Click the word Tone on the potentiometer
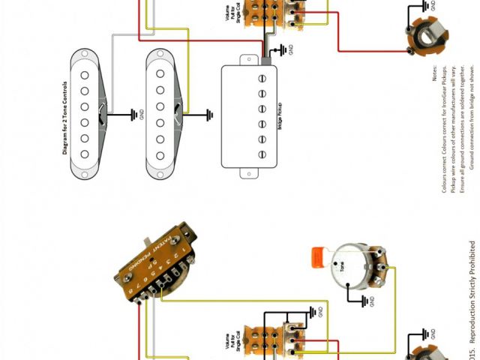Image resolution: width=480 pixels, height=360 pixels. (342, 266)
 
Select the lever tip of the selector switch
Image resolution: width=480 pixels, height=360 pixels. (147, 238)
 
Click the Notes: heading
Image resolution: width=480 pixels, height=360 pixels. (433, 76)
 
